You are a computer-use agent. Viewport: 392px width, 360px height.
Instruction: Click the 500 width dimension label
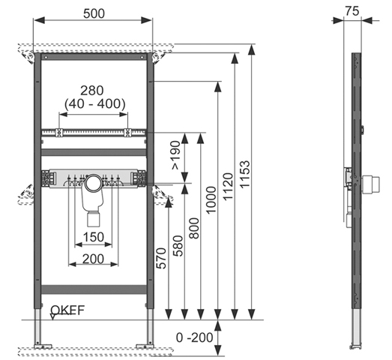tap(94, 13)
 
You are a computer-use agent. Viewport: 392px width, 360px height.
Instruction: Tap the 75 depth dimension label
tap(352, 11)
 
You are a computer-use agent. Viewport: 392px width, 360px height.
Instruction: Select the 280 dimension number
tap(91, 91)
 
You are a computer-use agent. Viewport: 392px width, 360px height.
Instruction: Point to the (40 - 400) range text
tap(95, 104)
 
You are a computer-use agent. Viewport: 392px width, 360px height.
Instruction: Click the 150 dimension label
tap(93, 237)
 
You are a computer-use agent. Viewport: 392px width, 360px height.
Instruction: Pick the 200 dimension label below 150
tap(93, 259)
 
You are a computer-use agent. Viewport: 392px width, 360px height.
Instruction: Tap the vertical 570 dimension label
tap(161, 259)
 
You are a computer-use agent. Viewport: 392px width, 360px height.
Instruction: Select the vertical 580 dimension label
tap(178, 246)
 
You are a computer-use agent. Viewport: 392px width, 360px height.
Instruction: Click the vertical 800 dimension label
tap(194, 229)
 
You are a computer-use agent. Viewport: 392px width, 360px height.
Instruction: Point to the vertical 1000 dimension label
tap(211, 199)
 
